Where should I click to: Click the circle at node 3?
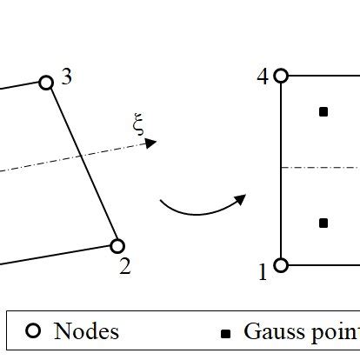coord(46,83)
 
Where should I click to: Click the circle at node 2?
coord(117,246)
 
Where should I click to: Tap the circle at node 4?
coord(281,76)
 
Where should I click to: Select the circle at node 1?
coord(281,265)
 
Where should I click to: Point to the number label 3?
coord(67,77)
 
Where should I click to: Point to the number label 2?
coord(125,267)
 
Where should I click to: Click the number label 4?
coord(263,76)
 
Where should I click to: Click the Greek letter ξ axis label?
coord(137,128)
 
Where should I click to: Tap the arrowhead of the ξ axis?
coord(151,143)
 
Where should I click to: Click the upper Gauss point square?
coord(323,111)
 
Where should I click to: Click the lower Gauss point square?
coord(323,223)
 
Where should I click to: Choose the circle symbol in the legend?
coord(34,331)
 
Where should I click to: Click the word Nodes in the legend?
coord(86,331)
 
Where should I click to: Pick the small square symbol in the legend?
coord(227,333)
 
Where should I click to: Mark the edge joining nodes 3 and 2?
coord(82,164)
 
